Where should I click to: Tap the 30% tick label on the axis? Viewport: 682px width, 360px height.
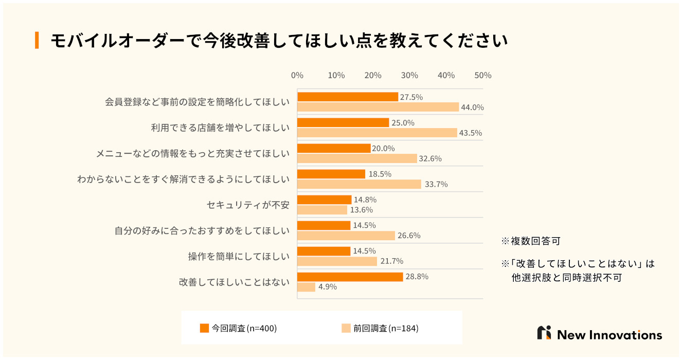pos(409,75)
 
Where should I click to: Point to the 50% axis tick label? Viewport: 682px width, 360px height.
pos(482,75)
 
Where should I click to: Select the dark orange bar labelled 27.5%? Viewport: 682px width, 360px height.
pos(348,97)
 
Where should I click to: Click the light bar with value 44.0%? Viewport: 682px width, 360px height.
pos(378,107)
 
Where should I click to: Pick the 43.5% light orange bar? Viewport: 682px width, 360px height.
pos(377,133)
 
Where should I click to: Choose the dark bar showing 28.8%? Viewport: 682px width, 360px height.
pos(350,277)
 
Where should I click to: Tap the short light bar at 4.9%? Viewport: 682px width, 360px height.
pos(307,287)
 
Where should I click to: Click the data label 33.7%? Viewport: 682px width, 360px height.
pos(436,184)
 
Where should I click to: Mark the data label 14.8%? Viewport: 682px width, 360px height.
pos(365,200)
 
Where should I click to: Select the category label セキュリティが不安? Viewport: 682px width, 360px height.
pos(248,205)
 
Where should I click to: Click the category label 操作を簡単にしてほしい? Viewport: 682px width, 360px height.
pos(239,256)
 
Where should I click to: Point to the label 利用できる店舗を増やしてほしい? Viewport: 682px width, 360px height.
pos(220,128)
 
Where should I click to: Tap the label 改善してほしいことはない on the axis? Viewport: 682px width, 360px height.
pos(234,282)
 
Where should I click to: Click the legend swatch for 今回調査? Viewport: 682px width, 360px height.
pos(204,328)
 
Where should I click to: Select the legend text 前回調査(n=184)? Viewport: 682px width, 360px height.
pos(386,328)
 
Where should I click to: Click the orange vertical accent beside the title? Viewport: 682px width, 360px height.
pos(37,40)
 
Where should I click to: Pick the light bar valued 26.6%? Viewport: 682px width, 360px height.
pos(346,236)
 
